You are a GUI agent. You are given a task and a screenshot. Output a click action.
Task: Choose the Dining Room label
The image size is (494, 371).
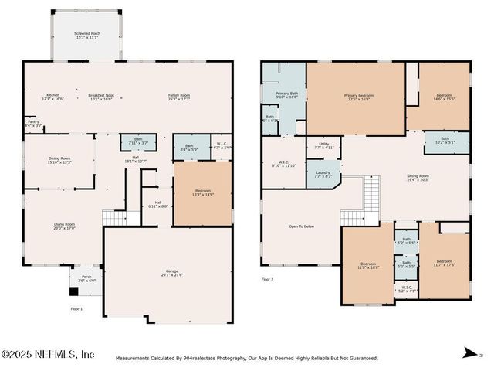59,160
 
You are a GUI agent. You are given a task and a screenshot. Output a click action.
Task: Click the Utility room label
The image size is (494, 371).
323,145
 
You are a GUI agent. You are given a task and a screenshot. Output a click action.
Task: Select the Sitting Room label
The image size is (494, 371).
418,177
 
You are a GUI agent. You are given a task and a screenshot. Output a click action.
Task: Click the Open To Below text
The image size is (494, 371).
301,226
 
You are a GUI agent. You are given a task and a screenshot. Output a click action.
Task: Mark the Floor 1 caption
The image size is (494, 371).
76,309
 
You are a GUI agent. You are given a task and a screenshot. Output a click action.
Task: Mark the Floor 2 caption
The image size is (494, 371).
267,278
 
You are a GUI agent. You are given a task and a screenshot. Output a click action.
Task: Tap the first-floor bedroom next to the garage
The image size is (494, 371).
202,193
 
